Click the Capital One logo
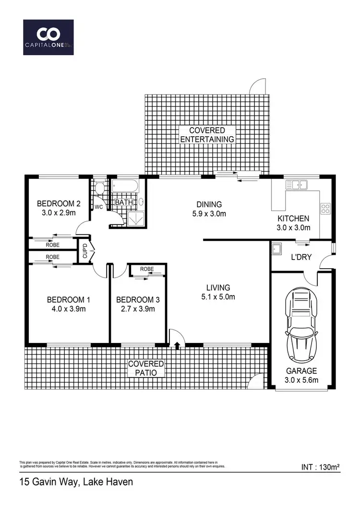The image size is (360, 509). tap(48, 37)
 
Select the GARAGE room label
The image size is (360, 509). tap(301, 370)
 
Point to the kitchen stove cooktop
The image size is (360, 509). tap(325, 208)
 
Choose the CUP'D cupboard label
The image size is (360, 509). tap(84, 250)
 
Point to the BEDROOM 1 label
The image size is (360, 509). tap(69, 300)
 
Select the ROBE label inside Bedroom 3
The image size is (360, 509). tap(147, 269)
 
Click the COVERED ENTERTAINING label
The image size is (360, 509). tap(207, 135)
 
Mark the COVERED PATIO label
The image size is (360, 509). tap(146, 368)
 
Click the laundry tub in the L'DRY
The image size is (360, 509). tap(277, 249)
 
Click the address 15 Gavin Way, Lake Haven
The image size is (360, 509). tap(76, 481)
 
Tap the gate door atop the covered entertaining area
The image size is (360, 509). tap(256, 86)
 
